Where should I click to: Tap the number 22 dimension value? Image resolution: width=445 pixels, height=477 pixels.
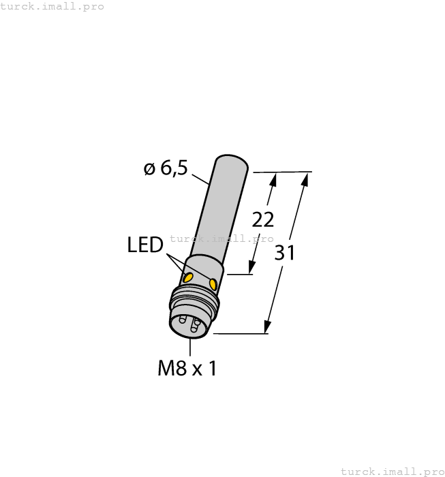click(x=263, y=219)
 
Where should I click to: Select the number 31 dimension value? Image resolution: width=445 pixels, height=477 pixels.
click(x=285, y=253)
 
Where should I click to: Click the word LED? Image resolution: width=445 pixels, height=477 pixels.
click(x=144, y=245)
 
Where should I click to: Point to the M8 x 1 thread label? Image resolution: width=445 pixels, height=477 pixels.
click(x=187, y=369)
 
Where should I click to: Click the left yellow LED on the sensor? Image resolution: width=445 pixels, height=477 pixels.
click(x=187, y=277)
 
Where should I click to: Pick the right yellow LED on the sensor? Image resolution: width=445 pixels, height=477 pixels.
click(x=213, y=283)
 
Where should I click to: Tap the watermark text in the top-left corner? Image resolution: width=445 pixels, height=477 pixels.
click(x=52, y=7)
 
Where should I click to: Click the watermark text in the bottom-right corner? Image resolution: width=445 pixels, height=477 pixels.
click(x=392, y=471)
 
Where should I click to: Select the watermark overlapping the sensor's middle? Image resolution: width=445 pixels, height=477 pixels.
click(x=221, y=238)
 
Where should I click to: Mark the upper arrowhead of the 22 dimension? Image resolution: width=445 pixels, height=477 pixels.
click(x=274, y=179)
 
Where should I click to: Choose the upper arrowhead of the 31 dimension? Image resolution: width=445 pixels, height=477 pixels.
click(x=305, y=179)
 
